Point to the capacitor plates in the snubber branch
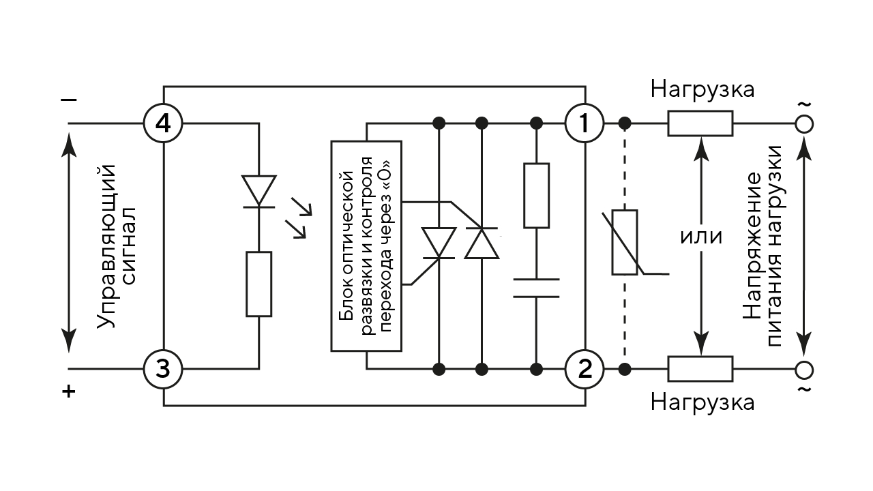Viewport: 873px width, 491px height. pyautogui.click(x=536, y=288)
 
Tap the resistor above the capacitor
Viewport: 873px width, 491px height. pyautogui.click(x=536, y=196)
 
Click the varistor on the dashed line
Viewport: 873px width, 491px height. pyautogui.click(x=625, y=242)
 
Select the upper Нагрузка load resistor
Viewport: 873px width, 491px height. pyautogui.click(x=700, y=123)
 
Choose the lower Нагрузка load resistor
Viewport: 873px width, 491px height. pyautogui.click(x=700, y=369)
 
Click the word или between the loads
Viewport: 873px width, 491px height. pyautogui.click(x=701, y=237)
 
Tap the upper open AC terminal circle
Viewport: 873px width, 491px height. pyautogui.click(x=804, y=124)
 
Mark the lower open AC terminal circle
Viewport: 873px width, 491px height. pyautogui.click(x=804, y=370)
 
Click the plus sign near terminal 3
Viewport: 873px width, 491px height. pyautogui.click(x=69, y=391)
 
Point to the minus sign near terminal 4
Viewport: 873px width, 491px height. pyautogui.click(x=69, y=100)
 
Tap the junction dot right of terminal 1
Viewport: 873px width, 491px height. pyautogui.click(x=625, y=123)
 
